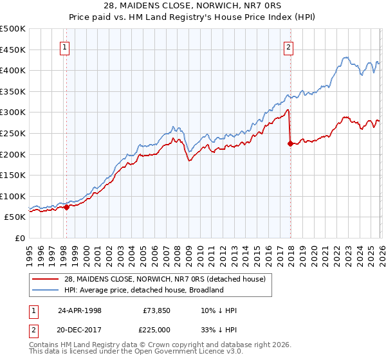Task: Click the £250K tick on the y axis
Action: [x=13, y=133]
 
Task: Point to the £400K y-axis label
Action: [x=13, y=70]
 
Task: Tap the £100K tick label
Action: [x=13, y=196]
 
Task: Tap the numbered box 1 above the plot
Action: [x=66, y=47]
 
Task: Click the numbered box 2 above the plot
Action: [x=289, y=47]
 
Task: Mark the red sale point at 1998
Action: [x=66, y=207]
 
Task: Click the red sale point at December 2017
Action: [x=290, y=143]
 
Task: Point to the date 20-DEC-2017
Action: [x=79, y=330]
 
